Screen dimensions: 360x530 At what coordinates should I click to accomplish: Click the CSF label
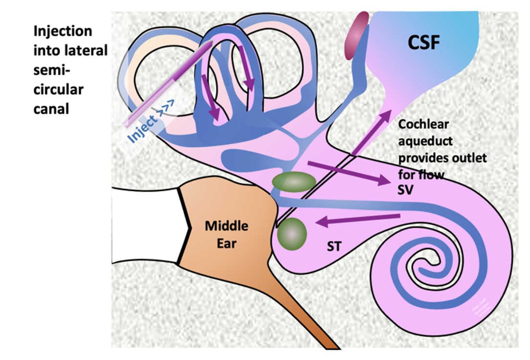[424, 44]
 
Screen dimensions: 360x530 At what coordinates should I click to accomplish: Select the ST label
[334, 247]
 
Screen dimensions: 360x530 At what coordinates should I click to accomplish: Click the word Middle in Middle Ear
[226, 226]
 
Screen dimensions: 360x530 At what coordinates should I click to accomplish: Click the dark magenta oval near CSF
[357, 35]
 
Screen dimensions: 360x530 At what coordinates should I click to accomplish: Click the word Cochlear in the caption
[423, 124]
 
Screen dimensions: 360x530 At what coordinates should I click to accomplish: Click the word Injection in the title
[63, 32]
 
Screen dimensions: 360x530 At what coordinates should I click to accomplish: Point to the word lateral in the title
[89, 51]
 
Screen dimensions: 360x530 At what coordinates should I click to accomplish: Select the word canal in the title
[51, 108]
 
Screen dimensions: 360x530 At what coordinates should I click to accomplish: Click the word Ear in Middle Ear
[226, 243]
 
